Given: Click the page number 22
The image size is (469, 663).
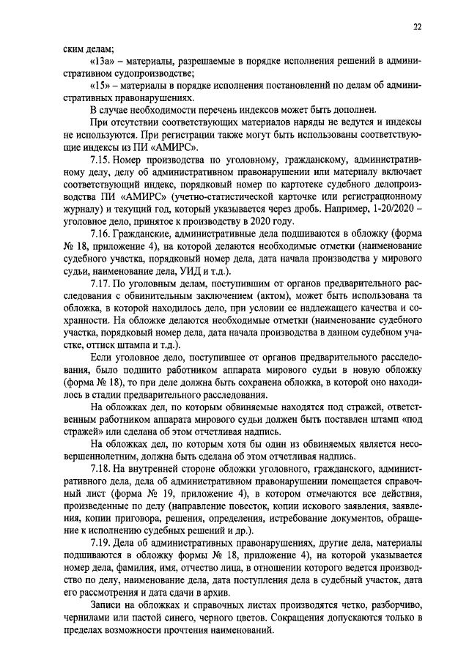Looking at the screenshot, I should [x=416, y=28].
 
